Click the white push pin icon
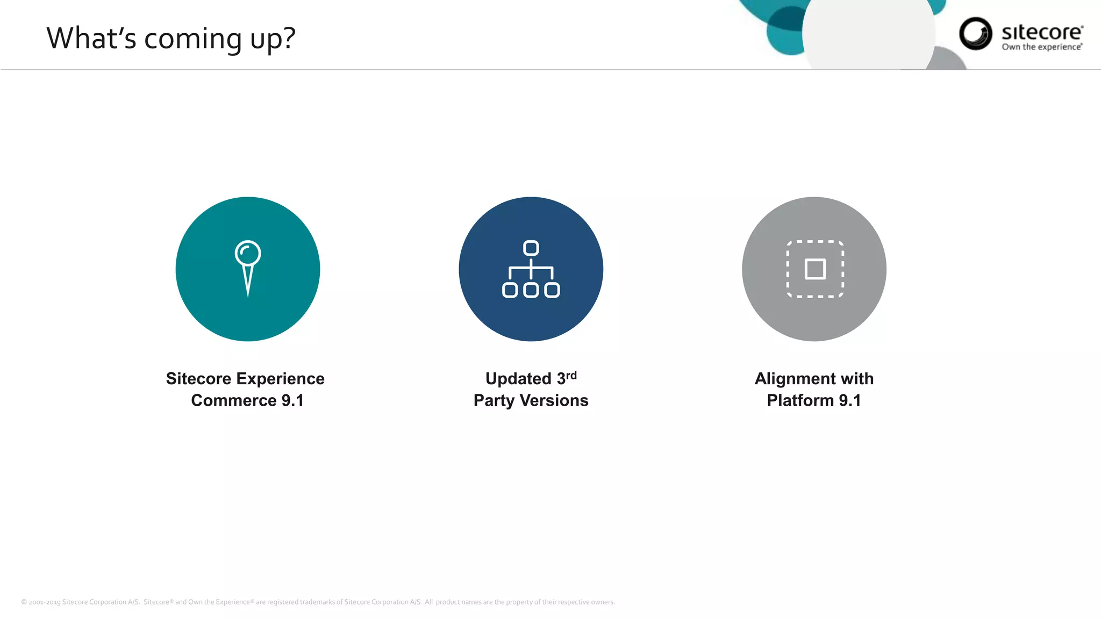tap(248, 268)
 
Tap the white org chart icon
tap(531, 269)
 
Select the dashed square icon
tap(815, 269)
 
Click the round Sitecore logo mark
tap(975, 33)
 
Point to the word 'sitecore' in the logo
tap(1042, 32)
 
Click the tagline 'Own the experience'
tap(1041, 47)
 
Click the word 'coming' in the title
tap(194, 39)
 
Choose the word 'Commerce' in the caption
tap(234, 400)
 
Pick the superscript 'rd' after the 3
tap(571, 375)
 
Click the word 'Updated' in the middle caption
tap(518, 379)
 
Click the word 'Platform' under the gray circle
tap(800, 400)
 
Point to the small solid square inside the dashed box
tap(815, 269)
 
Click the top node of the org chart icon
tap(531, 248)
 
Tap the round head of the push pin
tap(248, 253)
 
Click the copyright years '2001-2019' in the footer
tap(45, 602)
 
